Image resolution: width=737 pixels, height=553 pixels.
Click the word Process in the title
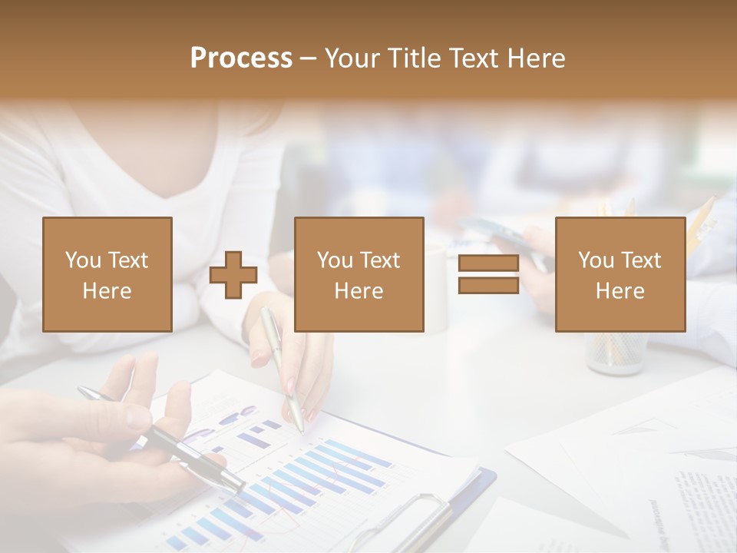(241, 58)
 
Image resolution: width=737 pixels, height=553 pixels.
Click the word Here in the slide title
(537, 58)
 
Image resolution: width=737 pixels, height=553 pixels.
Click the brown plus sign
(233, 275)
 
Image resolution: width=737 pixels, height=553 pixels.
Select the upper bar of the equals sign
(488, 263)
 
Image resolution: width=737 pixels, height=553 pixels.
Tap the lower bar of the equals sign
(488, 285)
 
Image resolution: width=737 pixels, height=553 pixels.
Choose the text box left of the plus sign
(107, 274)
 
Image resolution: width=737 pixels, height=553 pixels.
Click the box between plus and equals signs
(359, 274)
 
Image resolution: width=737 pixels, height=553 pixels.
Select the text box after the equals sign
(620, 274)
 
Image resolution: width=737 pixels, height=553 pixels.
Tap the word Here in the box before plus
(107, 291)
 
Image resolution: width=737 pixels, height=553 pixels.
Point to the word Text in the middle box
(379, 260)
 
